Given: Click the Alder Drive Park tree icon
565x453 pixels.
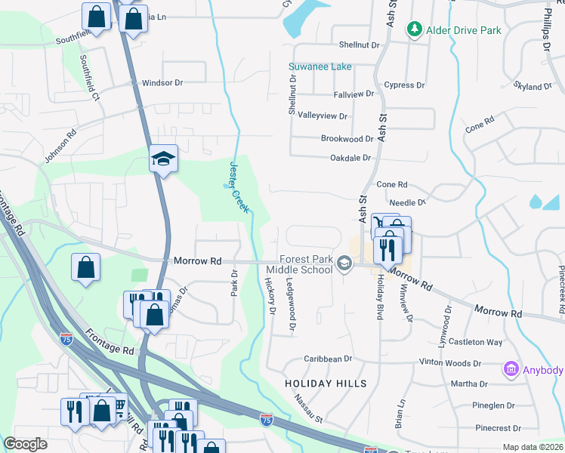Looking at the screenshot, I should tap(413, 29).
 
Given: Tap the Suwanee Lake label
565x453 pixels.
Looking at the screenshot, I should tap(320, 67).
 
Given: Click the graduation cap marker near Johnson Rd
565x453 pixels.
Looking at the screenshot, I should tap(163, 159).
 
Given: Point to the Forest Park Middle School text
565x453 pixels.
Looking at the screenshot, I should tap(305, 264).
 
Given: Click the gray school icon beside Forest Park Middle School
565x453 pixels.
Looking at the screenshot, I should tap(344, 263).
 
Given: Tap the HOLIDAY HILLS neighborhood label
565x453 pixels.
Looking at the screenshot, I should tap(326, 384).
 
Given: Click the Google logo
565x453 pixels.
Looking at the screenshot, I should tap(25, 444).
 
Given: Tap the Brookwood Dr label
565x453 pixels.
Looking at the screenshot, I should tap(347, 139).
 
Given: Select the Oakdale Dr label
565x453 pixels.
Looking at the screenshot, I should tap(350, 158).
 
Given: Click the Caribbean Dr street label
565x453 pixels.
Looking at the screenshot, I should tap(328, 359).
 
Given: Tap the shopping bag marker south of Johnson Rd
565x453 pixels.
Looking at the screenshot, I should tap(87, 267).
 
